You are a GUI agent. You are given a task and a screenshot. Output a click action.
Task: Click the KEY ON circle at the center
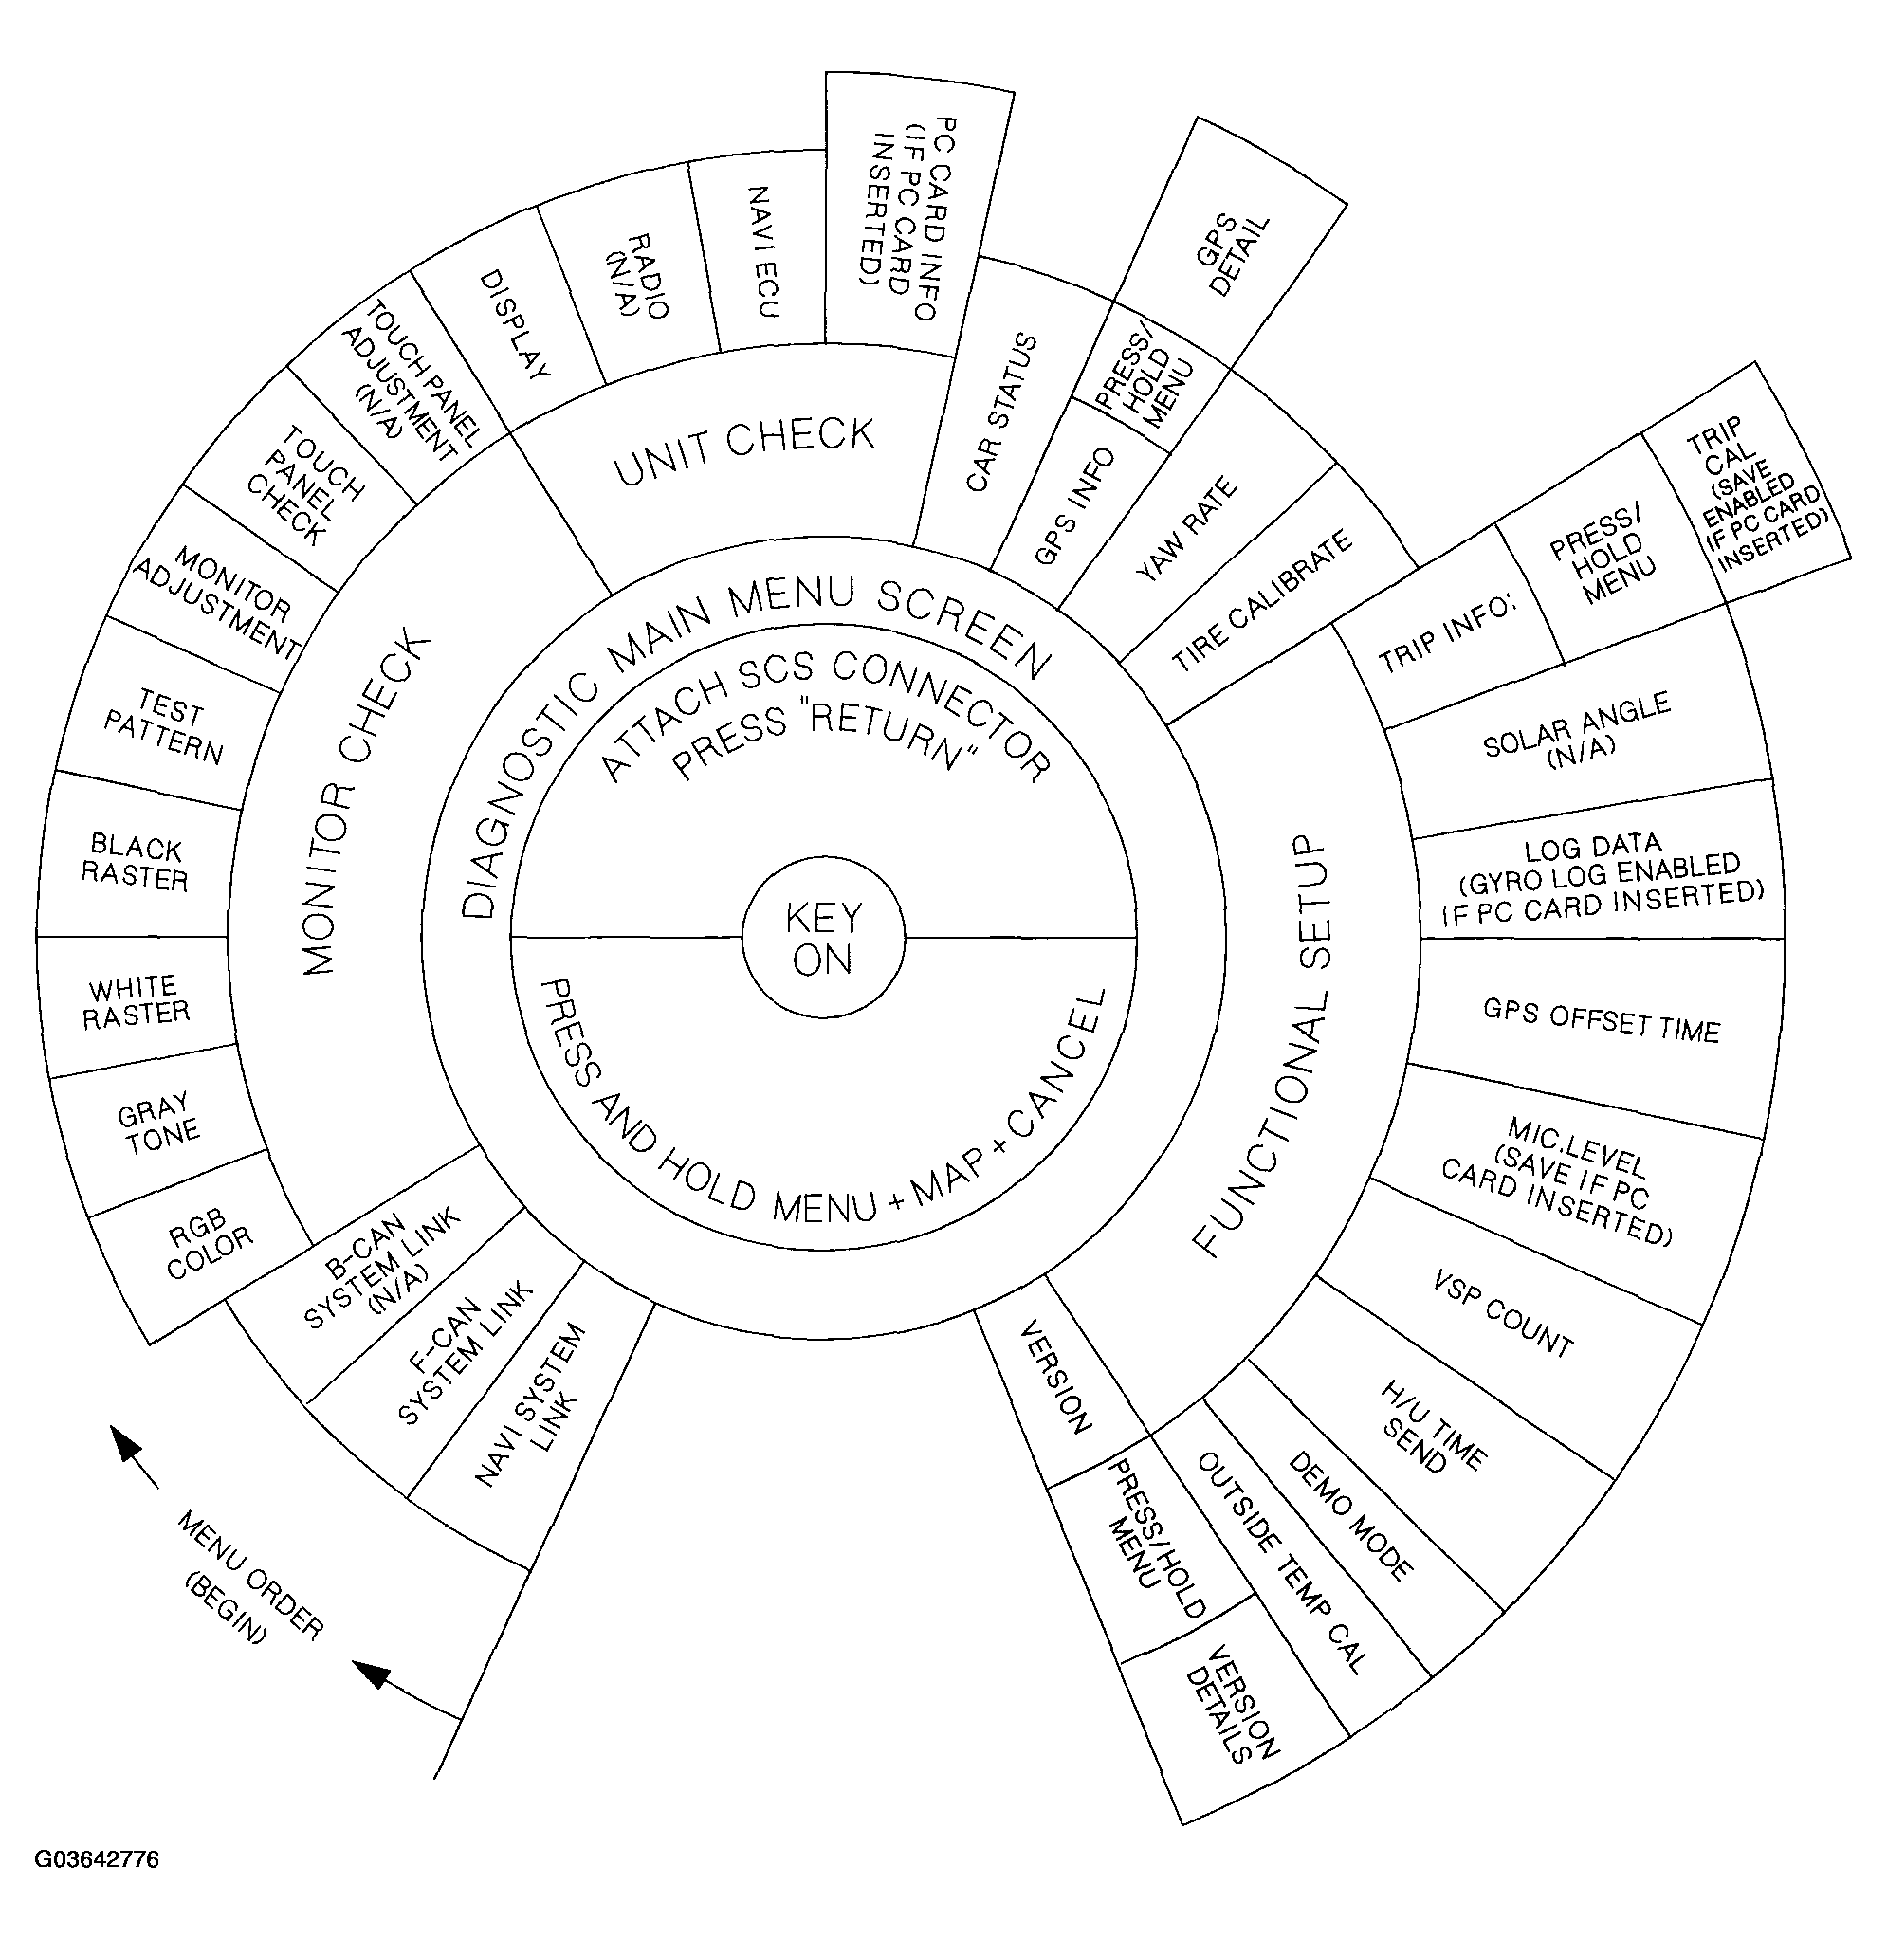[822, 938]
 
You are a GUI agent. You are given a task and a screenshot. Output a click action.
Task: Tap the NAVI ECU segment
[761, 251]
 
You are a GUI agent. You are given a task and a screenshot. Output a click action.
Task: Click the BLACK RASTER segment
[136, 862]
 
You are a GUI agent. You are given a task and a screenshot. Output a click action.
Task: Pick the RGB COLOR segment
[208, 1246]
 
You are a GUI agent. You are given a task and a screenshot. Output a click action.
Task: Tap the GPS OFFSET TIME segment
[1601, 1020]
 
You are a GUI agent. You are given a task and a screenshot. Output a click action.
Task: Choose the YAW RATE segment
[1187, 529]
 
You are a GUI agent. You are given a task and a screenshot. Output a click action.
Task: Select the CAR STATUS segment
[1000, 412]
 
